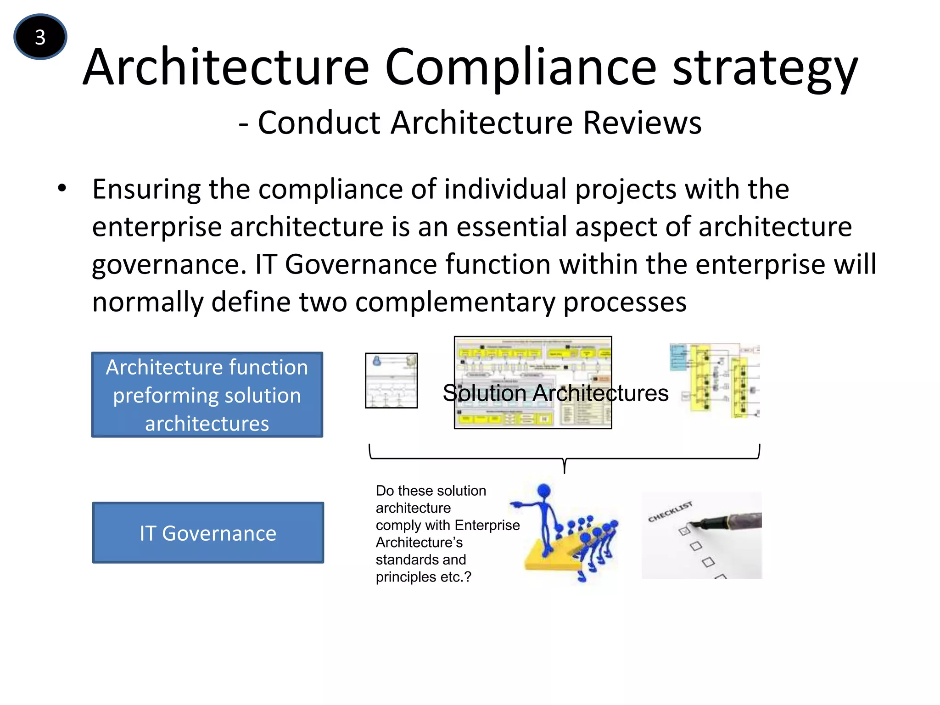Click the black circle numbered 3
click(40, 37)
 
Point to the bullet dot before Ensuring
click(62, 188)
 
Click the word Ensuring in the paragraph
click(146, 190)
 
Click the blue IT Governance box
click(208, 532)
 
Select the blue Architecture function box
click(207, 395)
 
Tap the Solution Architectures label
click(555, 393)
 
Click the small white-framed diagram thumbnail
click(391, 380)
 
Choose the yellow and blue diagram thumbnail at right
click(714, 381)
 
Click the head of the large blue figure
click(544, 490)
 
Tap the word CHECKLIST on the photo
click(670, 511)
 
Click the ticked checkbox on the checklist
click(684, 531)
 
